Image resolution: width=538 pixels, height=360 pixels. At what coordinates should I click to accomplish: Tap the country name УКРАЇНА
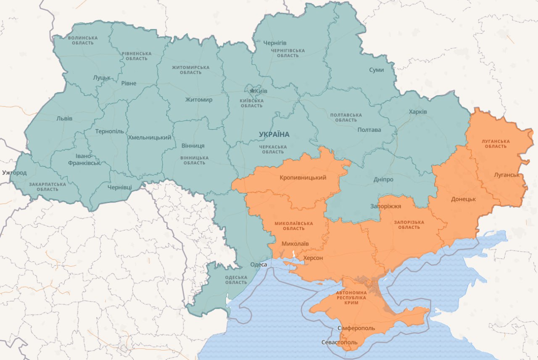(x=274, y=135)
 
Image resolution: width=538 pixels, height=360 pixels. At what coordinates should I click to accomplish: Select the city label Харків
(x=418, y=112)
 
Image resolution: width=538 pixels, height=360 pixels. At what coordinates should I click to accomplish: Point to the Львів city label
(x=64, y=119)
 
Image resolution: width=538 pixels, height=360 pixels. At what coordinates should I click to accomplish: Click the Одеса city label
(x=258, y=265)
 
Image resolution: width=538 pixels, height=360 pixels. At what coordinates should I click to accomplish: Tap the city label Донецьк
(x=463, y=199)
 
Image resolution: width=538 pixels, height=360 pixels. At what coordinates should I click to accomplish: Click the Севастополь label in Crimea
(x=339, y=342)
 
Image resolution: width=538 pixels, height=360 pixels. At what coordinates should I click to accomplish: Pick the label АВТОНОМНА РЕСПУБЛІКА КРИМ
(x=351, y=297)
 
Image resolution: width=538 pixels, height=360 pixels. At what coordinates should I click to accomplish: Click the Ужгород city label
(x=14, y=173)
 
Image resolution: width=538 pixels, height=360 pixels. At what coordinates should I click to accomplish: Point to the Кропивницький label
(x=303, y=177)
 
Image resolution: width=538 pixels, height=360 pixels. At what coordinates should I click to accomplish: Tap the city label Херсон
(x=313, y=258)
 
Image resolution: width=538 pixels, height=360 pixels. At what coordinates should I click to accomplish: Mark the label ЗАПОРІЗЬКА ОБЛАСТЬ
(x=409, y=225)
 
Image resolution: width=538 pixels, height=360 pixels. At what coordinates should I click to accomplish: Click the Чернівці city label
(x=119, y=187)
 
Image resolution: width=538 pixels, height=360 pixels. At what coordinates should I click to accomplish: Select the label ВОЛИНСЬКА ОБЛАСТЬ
(x=83, y=40)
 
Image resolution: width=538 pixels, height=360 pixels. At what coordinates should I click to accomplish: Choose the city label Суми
(x=376, y=70)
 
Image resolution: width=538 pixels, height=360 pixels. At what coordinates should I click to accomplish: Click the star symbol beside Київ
(x=252, y=91)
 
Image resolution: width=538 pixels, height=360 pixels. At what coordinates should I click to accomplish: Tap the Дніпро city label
(x=383, y=180)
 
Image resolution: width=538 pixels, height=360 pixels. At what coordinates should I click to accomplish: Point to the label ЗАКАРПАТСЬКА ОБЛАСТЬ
(x=47, y=187)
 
